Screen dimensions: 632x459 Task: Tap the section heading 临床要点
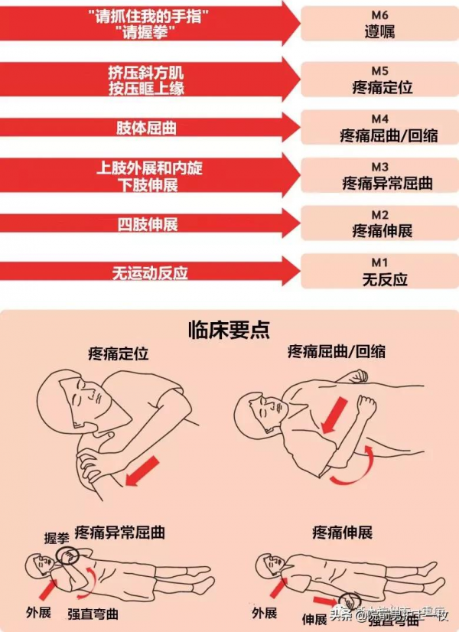229,329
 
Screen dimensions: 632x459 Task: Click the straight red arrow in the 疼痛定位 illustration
142,470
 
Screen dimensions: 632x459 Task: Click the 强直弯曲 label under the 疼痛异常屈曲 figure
93,613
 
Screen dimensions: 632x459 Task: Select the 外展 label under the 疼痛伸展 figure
264,613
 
